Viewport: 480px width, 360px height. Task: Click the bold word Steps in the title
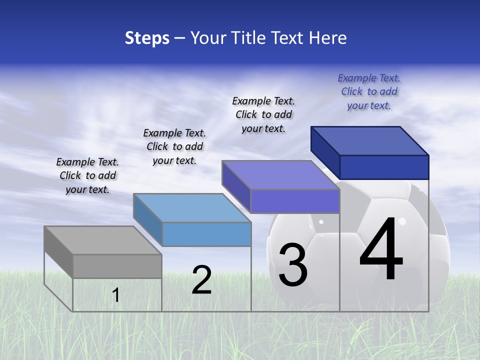point(147,38)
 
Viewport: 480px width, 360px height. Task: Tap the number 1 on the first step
point(116,295)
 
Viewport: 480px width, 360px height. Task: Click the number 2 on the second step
point(201,280)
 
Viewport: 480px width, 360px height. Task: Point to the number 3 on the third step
point(292,265)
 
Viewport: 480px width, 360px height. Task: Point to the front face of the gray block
point(117,266)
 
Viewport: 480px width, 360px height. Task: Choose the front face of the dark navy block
point(384,167)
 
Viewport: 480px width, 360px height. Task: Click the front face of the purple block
point(295,201)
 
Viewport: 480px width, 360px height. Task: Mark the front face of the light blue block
point(206,234)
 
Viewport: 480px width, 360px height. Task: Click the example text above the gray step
point(87,175)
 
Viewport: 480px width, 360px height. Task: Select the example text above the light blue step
point(174,146)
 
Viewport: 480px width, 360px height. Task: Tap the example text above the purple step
point(263,114)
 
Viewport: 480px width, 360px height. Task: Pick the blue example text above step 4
point(369,91)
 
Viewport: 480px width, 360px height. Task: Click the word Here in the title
point(328,38)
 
